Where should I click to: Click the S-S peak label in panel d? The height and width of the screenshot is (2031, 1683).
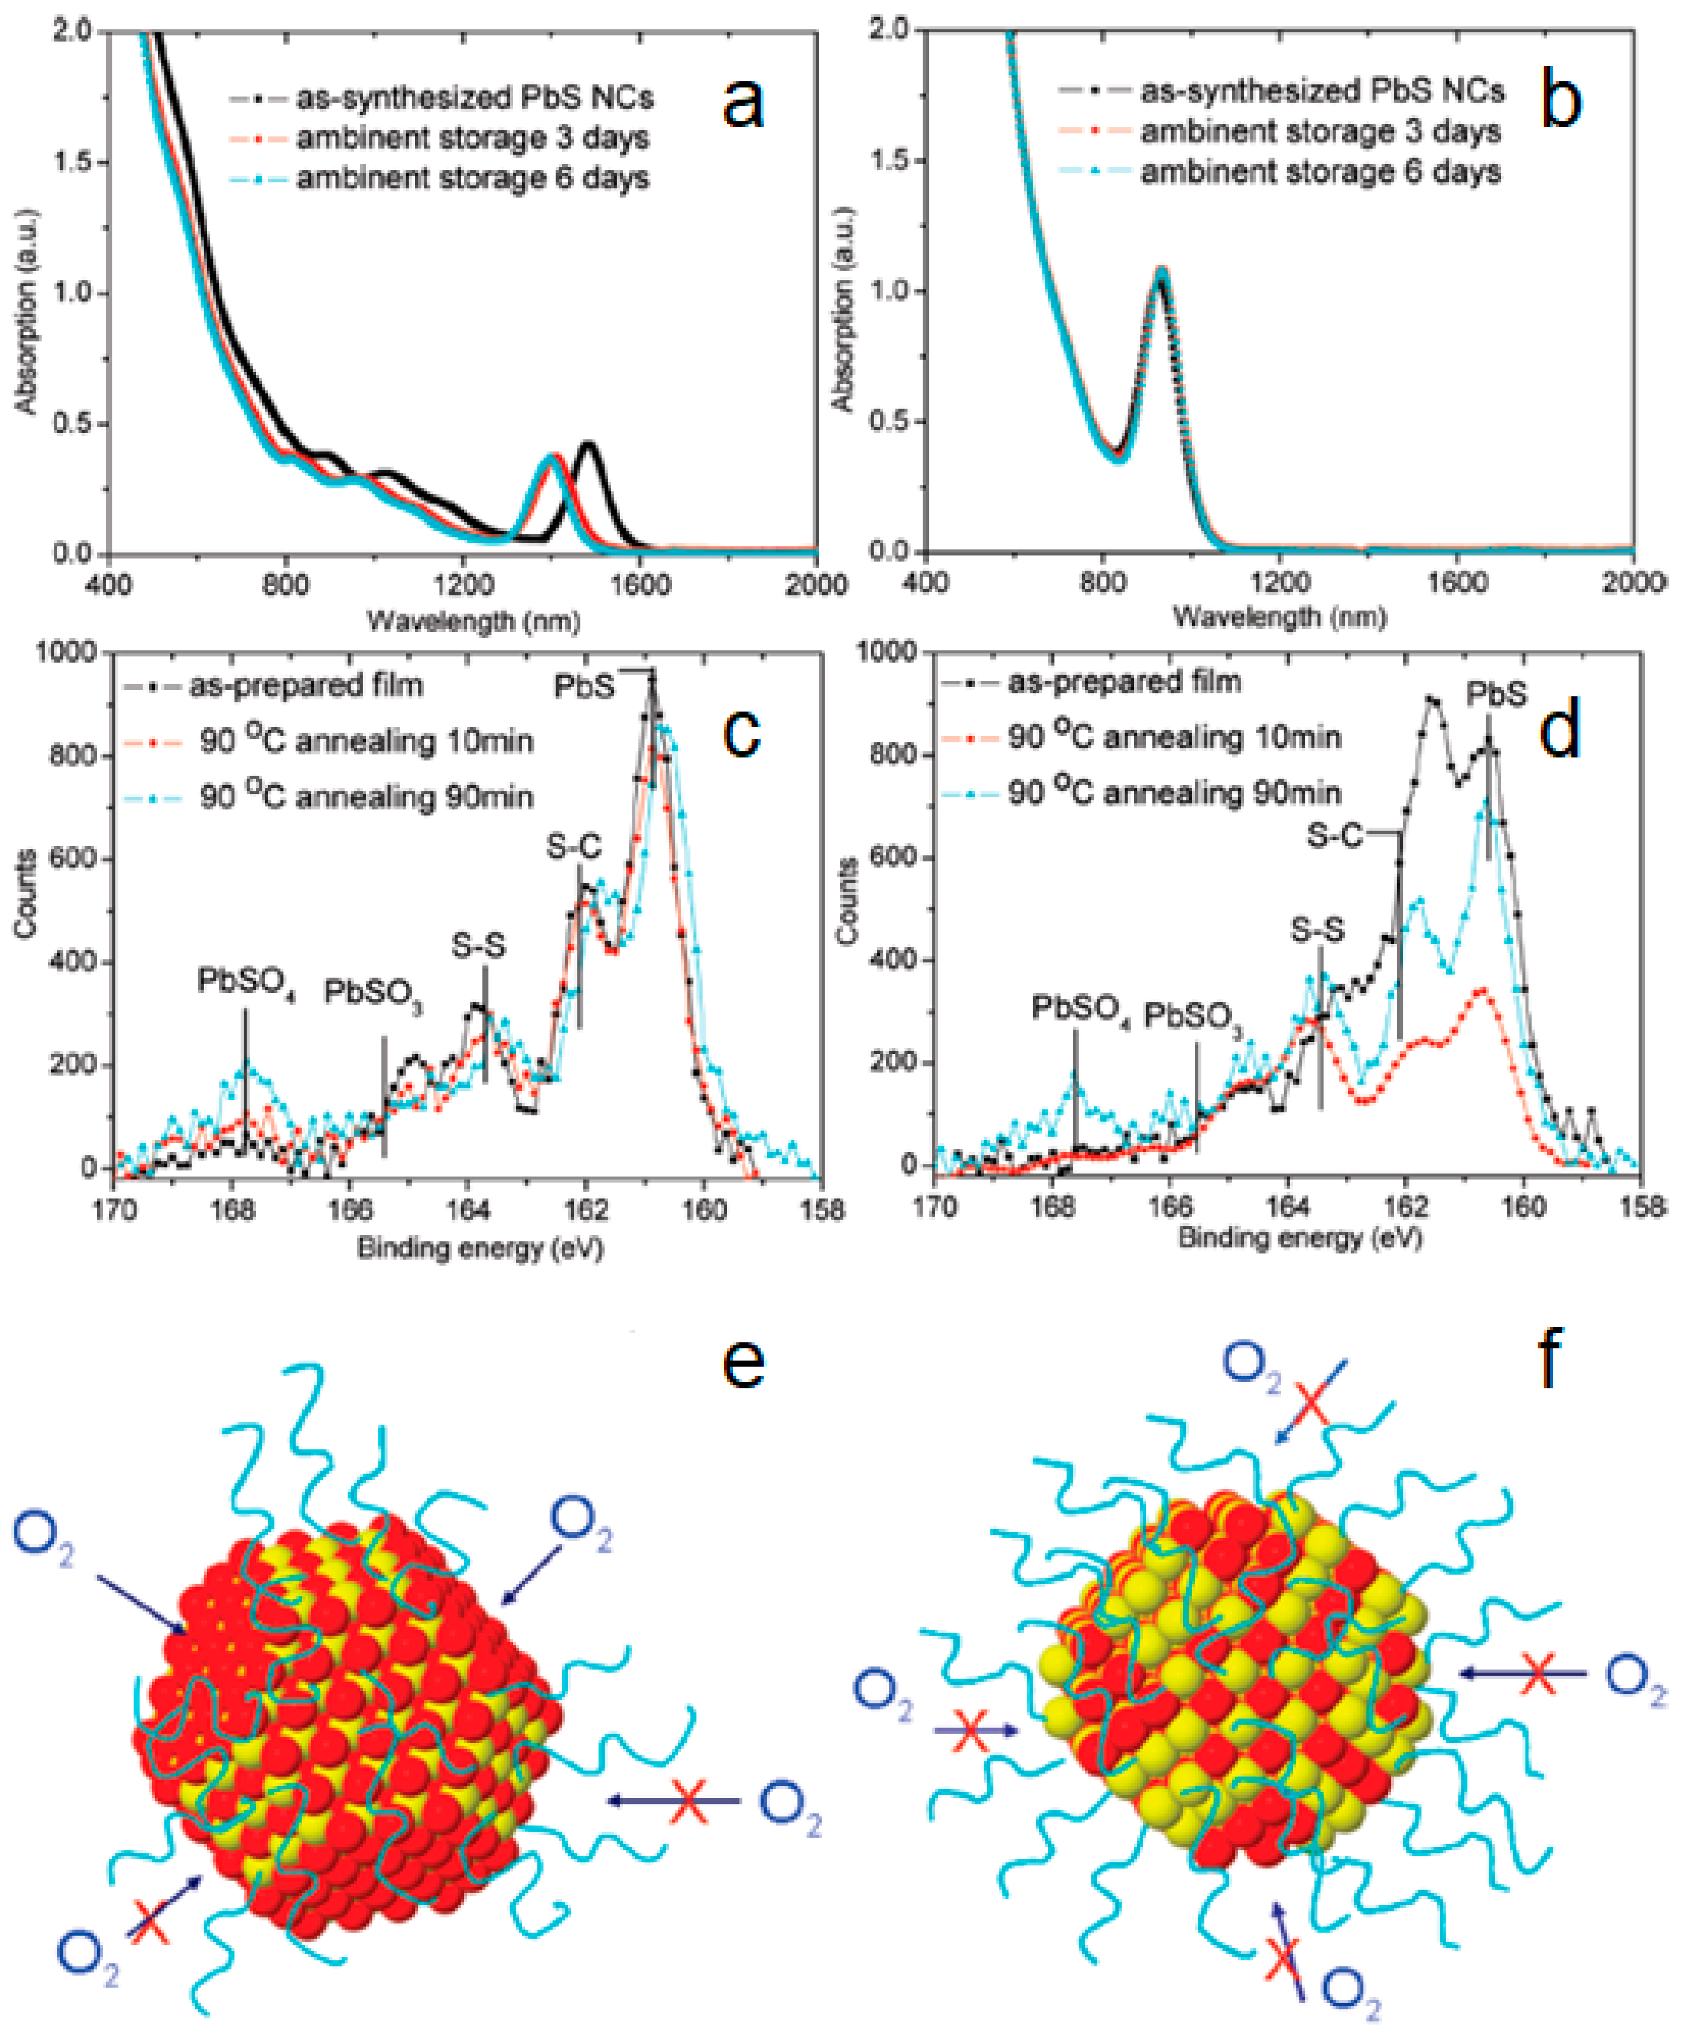(x=1317, y=930)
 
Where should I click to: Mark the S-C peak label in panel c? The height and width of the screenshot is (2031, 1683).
(x=574, y=847)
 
